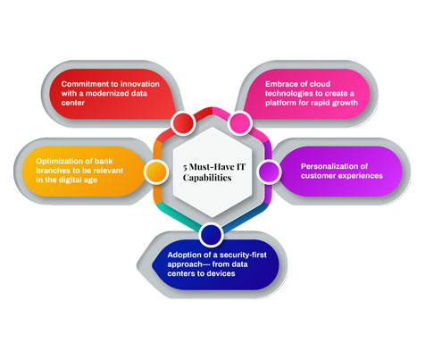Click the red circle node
182,121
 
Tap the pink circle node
239,121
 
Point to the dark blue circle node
211,235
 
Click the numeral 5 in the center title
172,166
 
